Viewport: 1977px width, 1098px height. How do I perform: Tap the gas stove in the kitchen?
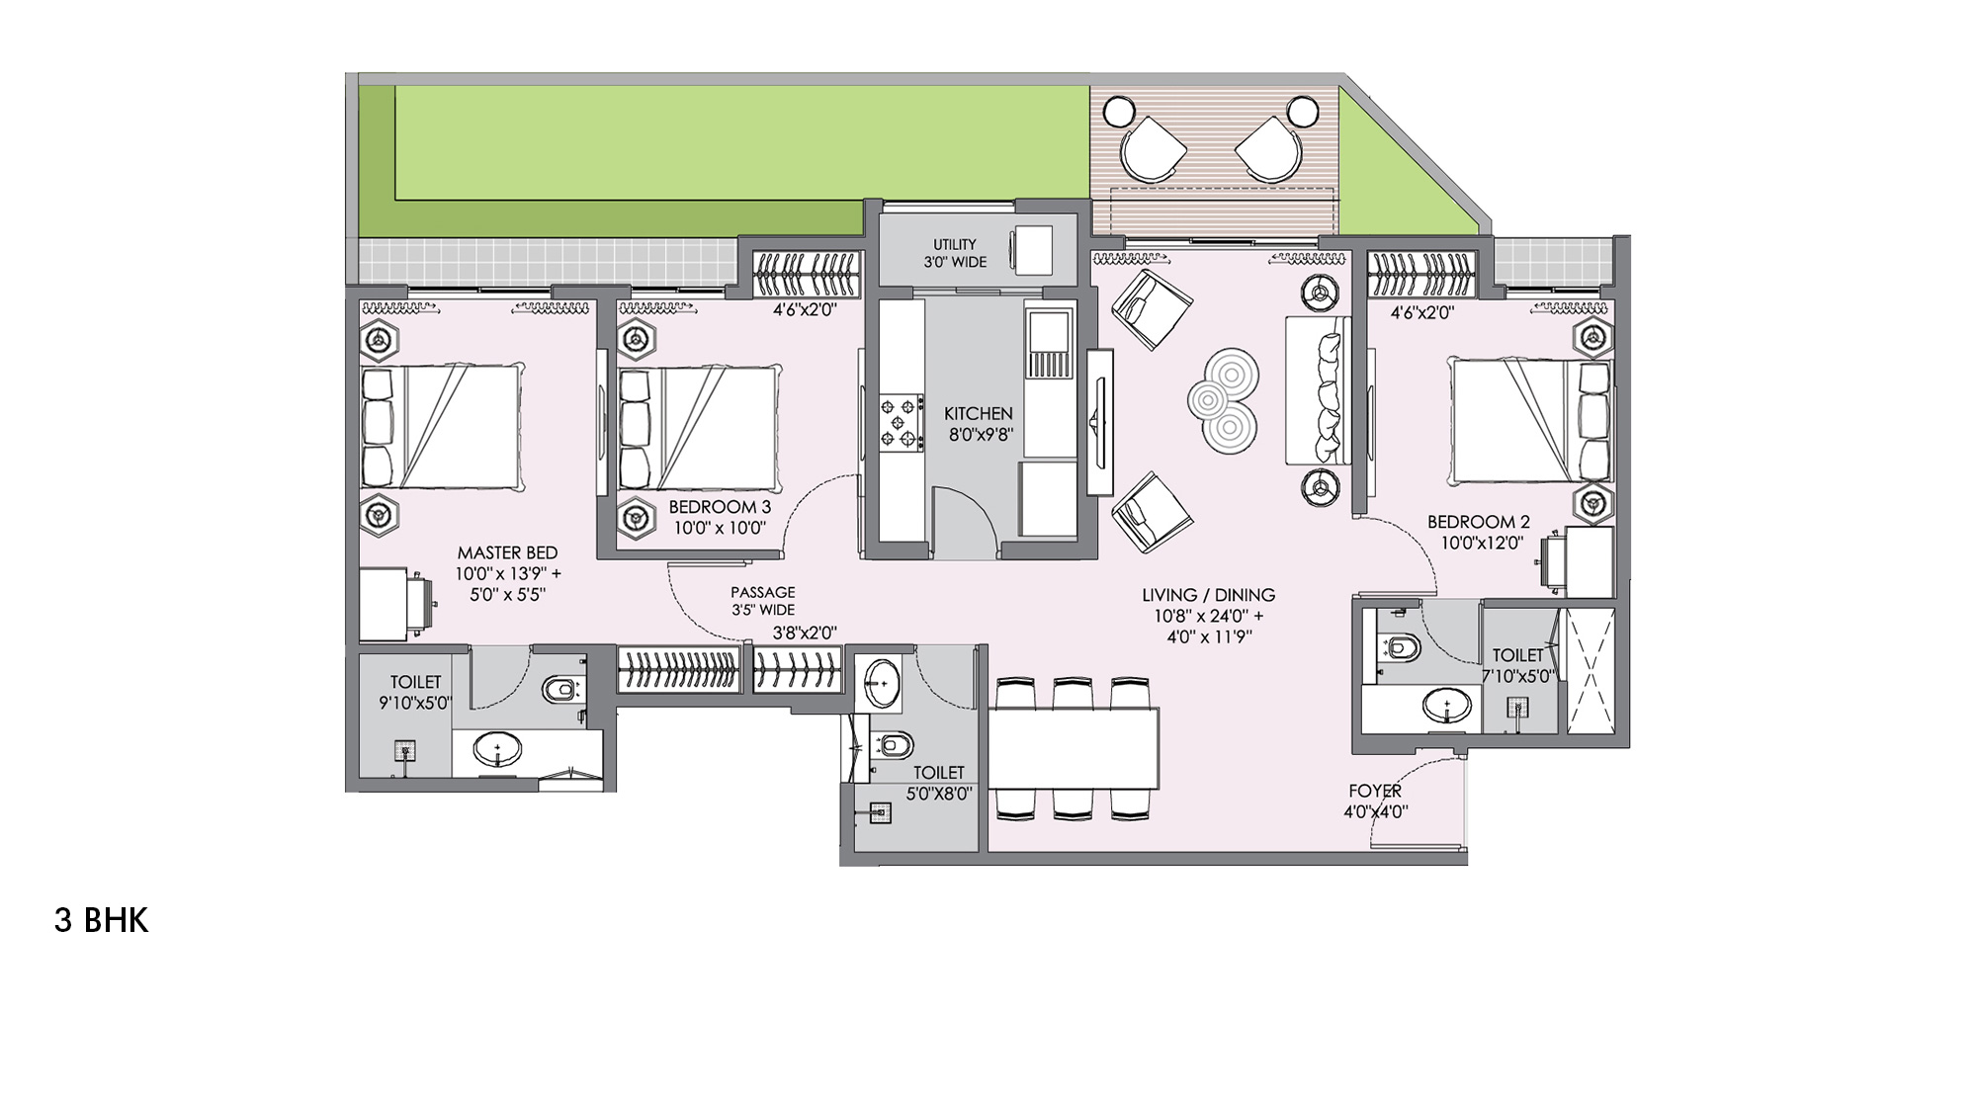tap(902, 423)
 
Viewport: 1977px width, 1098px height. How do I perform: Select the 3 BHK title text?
tap(101, 920)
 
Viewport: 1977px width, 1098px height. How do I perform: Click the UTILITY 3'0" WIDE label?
tap(955, 253)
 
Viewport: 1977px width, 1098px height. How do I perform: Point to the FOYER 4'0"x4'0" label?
tap(1375, 802)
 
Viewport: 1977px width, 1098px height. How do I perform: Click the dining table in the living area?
tap(1074, 748)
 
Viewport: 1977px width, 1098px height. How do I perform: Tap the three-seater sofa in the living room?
tap(1318, 390)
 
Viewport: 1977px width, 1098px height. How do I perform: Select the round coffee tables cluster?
tap(1224, 400)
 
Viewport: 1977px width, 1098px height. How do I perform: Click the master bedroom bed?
tap(442, 427)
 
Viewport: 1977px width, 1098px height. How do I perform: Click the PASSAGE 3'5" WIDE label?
tap(762, 601)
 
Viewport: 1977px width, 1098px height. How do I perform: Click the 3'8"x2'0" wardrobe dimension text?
tap(805, 633)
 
